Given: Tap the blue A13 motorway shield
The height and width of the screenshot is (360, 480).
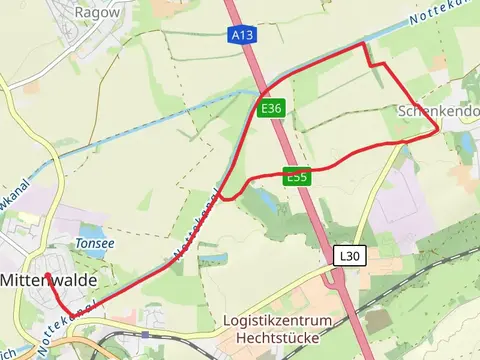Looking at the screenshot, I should pyautogui.click(x=240, y=35).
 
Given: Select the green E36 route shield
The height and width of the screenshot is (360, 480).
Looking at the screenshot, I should pyautogui.click(x=269, y=108).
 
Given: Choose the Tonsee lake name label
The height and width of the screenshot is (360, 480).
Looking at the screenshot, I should pyautogui.click(x=95, y=243).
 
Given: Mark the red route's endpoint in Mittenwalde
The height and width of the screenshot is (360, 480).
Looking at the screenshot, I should pyautogui.click(x=46, y=274).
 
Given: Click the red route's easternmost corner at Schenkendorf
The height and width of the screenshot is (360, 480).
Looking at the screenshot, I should pyautogui.click(x=438, y=129).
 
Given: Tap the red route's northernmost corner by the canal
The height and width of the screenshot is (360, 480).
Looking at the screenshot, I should pyautogui.click(x=362, y=44).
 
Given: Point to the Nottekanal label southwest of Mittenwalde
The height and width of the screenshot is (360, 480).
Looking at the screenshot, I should pyautogui.click(x=65, y=320).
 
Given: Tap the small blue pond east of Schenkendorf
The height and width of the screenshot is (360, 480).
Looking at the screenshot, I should pyautogui.click(x=466, y=143).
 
